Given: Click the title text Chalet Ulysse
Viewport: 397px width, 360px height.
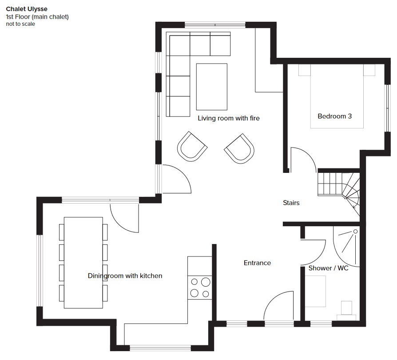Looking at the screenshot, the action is click(x=27, y=9).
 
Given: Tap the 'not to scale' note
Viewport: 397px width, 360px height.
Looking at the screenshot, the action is click(x=20, y=24).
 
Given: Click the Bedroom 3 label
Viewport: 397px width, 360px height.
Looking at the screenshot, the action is click(x=334, y=116).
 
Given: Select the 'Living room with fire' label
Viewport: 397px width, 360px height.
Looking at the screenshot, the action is click(x=229, y=118).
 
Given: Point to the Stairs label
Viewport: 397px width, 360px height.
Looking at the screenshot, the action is click(x=291, y=203).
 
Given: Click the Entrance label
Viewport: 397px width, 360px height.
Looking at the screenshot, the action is click(x=257, y=263).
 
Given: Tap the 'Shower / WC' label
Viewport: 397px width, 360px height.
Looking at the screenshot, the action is click(x=328, y=268).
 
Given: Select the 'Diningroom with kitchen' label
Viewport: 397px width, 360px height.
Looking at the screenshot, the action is click(x=125, y=276).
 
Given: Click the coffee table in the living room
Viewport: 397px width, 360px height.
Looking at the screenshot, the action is click(x=212, y=87).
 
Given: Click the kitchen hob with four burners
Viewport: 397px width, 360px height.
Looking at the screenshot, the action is click(x=200, y=288).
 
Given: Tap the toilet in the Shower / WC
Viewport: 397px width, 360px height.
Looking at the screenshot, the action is click(x=346, y=311).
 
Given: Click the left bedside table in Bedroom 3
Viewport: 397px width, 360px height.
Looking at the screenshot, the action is click(x=304, y=70).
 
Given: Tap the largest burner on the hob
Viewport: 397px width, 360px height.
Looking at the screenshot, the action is click(x=206, y=282).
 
